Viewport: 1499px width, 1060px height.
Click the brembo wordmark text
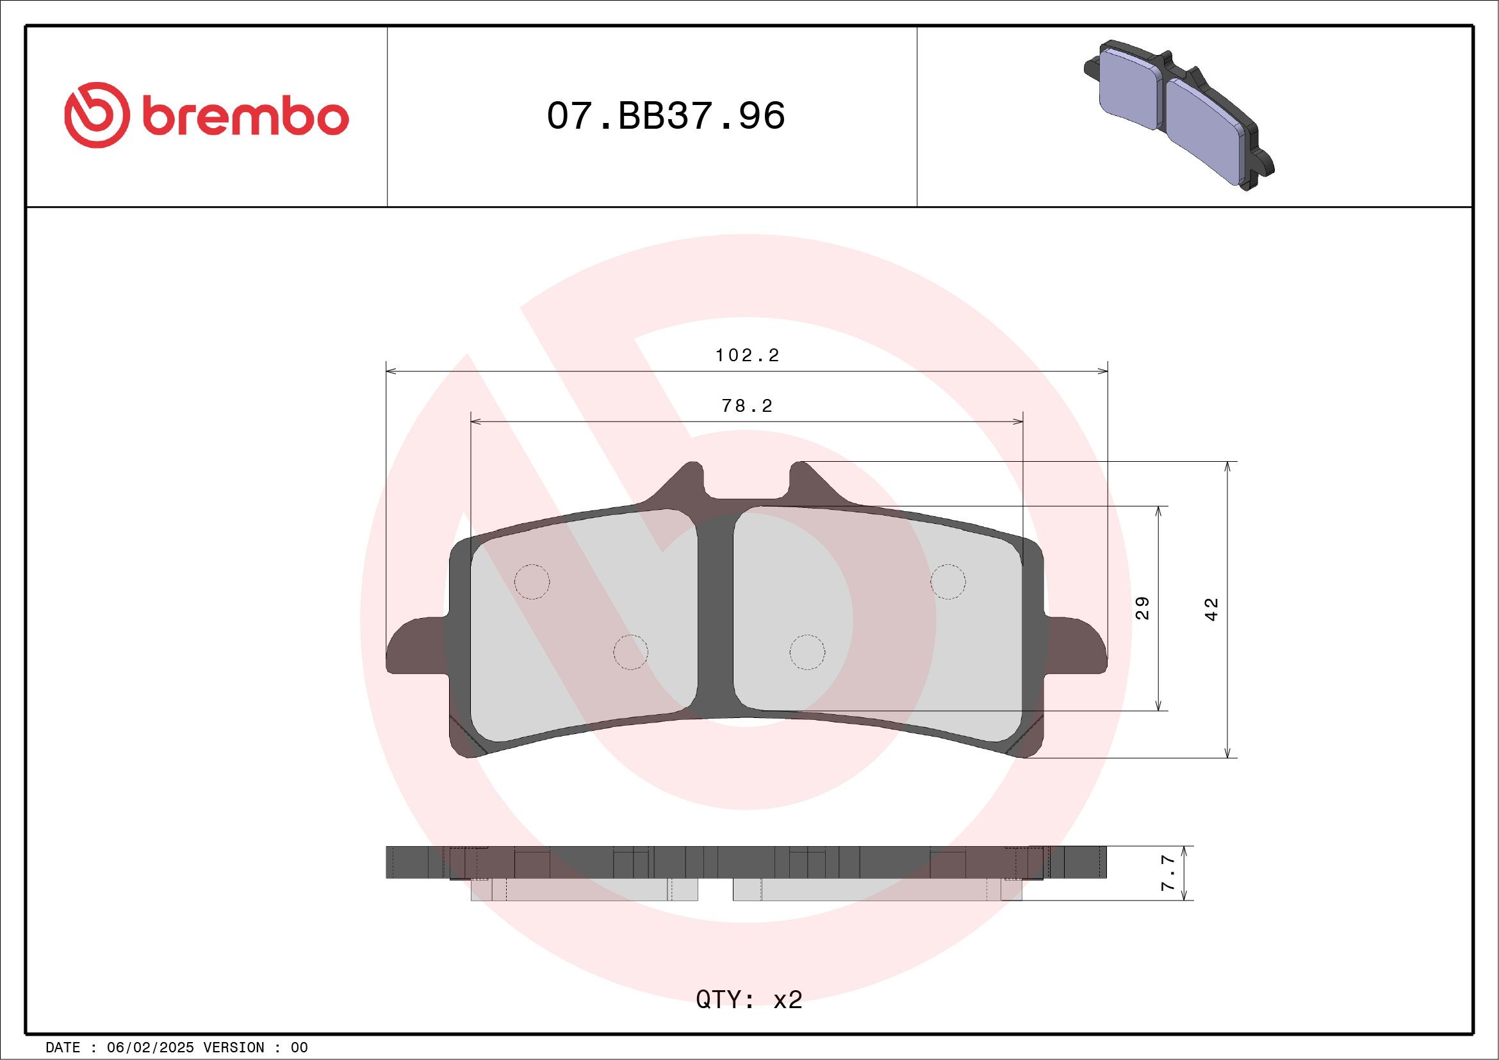(245, 117)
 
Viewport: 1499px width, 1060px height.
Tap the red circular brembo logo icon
(97, 115)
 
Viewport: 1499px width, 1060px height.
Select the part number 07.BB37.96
(666, 116)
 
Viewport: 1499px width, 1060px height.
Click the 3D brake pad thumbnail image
(1178, 115)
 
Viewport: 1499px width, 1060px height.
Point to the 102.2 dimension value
(747, 355)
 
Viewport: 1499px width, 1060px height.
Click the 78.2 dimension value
(747, 406)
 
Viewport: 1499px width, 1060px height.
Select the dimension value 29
(1142, 608)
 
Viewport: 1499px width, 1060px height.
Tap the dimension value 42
(1211, 609)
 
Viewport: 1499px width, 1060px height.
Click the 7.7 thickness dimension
(1168, 874)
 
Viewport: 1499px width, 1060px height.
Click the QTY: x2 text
(749, 1000)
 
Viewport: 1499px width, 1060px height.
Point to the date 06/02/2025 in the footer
(150, 1048)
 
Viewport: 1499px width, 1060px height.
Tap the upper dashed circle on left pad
(532, 582)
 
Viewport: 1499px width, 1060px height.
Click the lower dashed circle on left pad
(631, 651)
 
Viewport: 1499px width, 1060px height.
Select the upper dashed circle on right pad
(947, 582)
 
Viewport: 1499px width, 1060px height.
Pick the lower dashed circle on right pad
(807, 651)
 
